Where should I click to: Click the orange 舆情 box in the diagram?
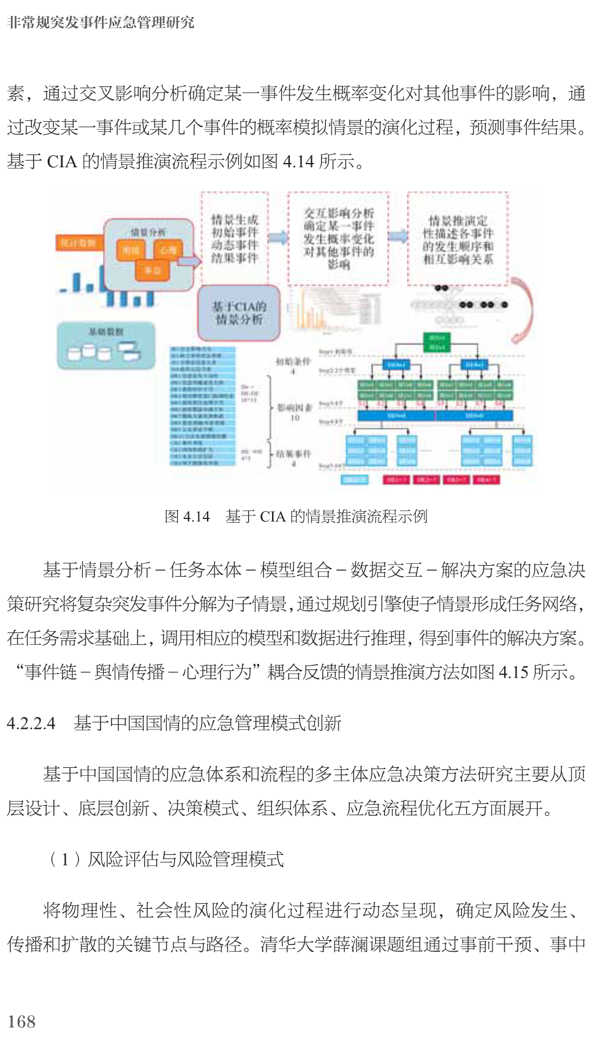130,250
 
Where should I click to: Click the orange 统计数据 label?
78,243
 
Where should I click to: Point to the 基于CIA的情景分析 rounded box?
238,313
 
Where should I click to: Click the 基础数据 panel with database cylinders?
106,346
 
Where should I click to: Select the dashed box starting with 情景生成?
235,238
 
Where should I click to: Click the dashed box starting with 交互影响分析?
338,238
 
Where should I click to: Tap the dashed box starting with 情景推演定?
458,239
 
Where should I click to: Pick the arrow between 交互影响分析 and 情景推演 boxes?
398,236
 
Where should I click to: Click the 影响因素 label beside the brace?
295,408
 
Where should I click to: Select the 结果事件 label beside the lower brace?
293,454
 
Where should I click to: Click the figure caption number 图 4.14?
187,517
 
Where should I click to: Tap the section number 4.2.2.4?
31,723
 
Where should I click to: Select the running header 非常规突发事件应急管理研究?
101,23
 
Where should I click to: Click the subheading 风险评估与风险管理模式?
185,859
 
